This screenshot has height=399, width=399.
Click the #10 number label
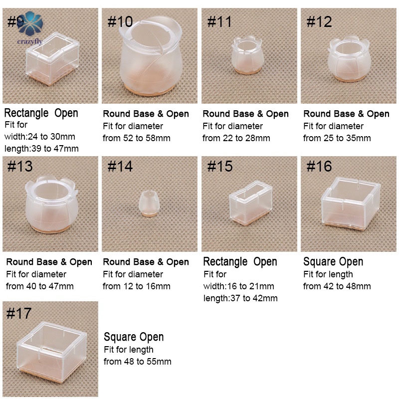click(x=120, y=21)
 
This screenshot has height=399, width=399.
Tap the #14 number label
click(x=120, y=167)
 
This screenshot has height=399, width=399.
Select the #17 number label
click(x=19, y=313)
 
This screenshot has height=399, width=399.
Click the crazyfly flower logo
click(x=30, y=23)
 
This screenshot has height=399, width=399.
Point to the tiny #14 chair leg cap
click(x=149, y=203)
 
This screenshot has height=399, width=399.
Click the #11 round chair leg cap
click(x=246, y=55)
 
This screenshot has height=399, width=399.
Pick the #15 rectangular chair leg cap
click(x=251, y=203)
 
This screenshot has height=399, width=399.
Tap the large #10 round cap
click(x=151, y=56)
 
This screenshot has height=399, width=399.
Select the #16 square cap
click(x=351, y=203)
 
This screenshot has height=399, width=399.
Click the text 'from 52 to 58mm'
click(x=136, y=138)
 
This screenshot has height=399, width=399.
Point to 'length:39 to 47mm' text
click(x=41, y=148)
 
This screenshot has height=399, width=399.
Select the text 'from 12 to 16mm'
click(x=136, y=286)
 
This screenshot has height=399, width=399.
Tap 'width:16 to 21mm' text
click(x=239, y=286)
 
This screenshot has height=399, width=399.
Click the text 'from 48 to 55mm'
click(x=138, y=362)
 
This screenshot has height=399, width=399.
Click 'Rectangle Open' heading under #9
click(x=41, y=113)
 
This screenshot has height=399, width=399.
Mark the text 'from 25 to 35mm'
click(x=337, y=138)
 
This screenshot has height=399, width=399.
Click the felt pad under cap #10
click(x=150, y=91)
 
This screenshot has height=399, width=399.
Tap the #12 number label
click(x=319, y=21)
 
